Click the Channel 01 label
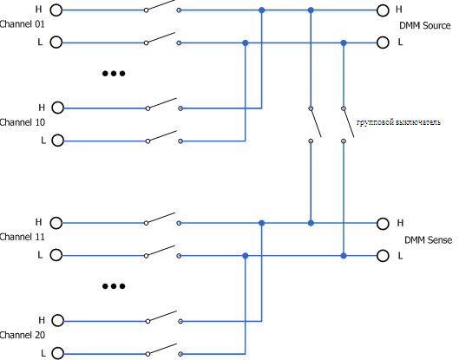click(23, 24)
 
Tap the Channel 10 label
click(23, 122)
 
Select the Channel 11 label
click(23, 237)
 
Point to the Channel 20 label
click(23, 335)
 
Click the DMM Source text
click(425, 25)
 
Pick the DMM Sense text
click(428, 240)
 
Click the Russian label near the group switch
click(398, 122)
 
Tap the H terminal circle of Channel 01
click(56, 10)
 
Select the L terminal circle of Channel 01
click(56, 43)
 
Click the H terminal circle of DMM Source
click(383, 10)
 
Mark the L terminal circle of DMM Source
click(383, 43)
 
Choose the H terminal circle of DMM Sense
click(383, 223)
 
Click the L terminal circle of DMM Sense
click(383, 256)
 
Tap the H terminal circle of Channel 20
click(57, 321)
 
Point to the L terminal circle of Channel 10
click(57, 141)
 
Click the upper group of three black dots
click(114, 74)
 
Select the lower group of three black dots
click(114, 286)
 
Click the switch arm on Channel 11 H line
click(161, 218)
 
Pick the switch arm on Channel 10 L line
click(162, 136)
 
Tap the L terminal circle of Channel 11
click(56, 256)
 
